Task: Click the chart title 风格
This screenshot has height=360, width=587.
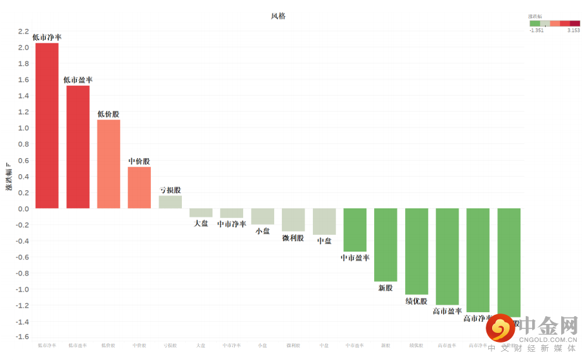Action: click(x=278, y=16)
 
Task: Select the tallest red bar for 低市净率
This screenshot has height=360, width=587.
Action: click(x=47, y=126)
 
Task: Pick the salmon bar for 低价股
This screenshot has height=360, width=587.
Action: click(x=109, y=164)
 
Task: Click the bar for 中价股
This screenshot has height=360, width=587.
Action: click(x=139, y=188)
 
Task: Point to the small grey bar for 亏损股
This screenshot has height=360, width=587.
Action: click(x=170, y=202)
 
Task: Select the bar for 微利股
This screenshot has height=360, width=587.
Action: click(x=293, y=220)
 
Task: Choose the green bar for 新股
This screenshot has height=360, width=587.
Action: click(x=385, y=245)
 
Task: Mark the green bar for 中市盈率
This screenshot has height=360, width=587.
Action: click(x=355, y=230)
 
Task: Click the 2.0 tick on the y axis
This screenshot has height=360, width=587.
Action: click(x=23, y=48)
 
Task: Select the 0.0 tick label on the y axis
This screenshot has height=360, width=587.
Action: click(x=23, y=209)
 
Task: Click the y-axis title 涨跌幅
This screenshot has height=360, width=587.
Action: click(x=8, y=177)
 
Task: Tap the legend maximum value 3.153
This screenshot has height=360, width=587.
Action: click(x=573, y=30)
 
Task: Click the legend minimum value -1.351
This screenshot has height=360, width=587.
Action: click(x=536, y=30)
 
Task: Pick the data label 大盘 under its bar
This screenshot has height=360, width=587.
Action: click(x=201, y=223)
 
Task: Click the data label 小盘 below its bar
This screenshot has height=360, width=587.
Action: click(x=263, y=231)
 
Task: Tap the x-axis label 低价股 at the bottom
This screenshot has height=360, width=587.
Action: click(x=108, y=346)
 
